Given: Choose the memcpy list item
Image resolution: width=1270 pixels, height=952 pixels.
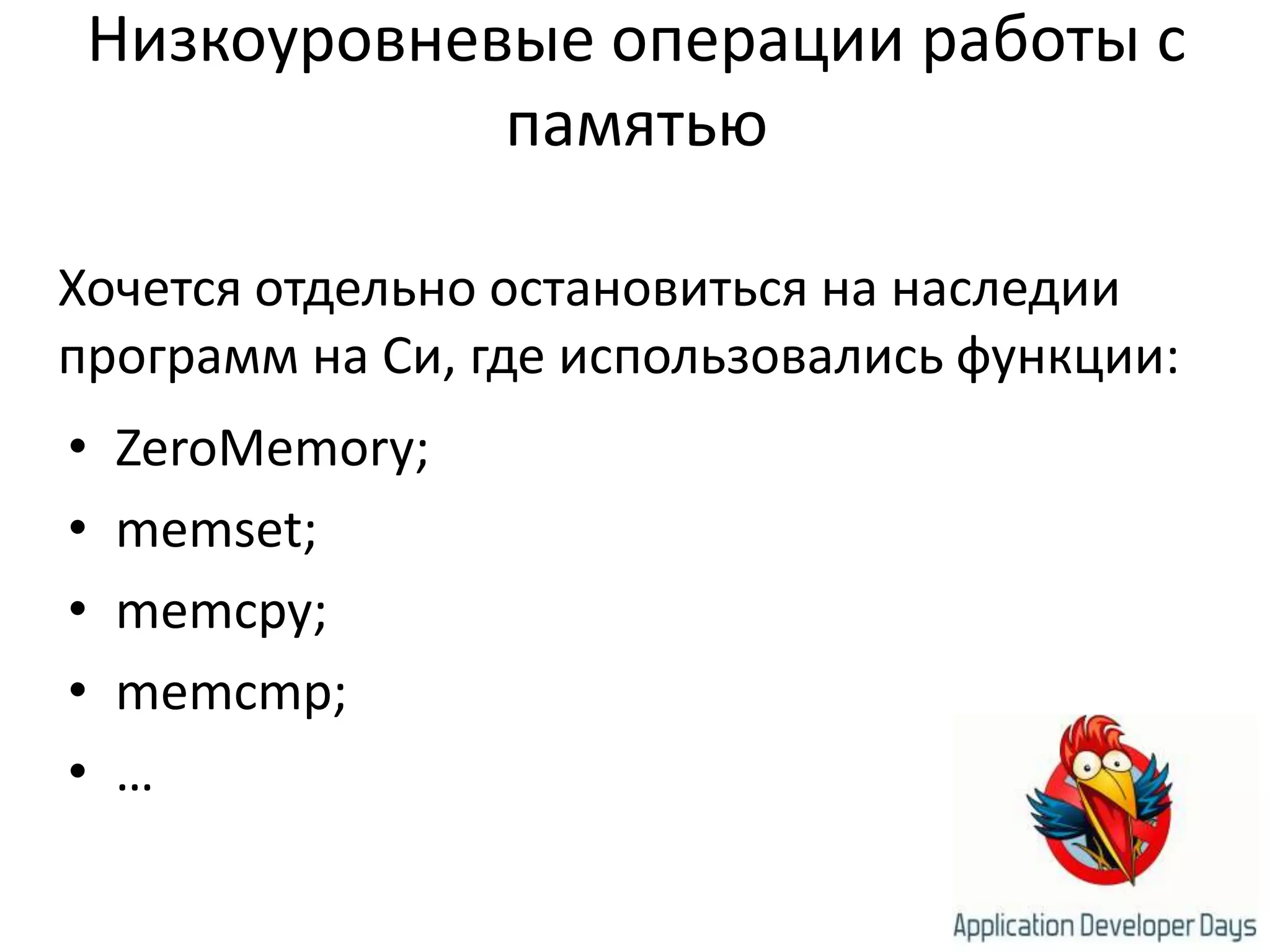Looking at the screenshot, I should [x=221, y=614].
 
